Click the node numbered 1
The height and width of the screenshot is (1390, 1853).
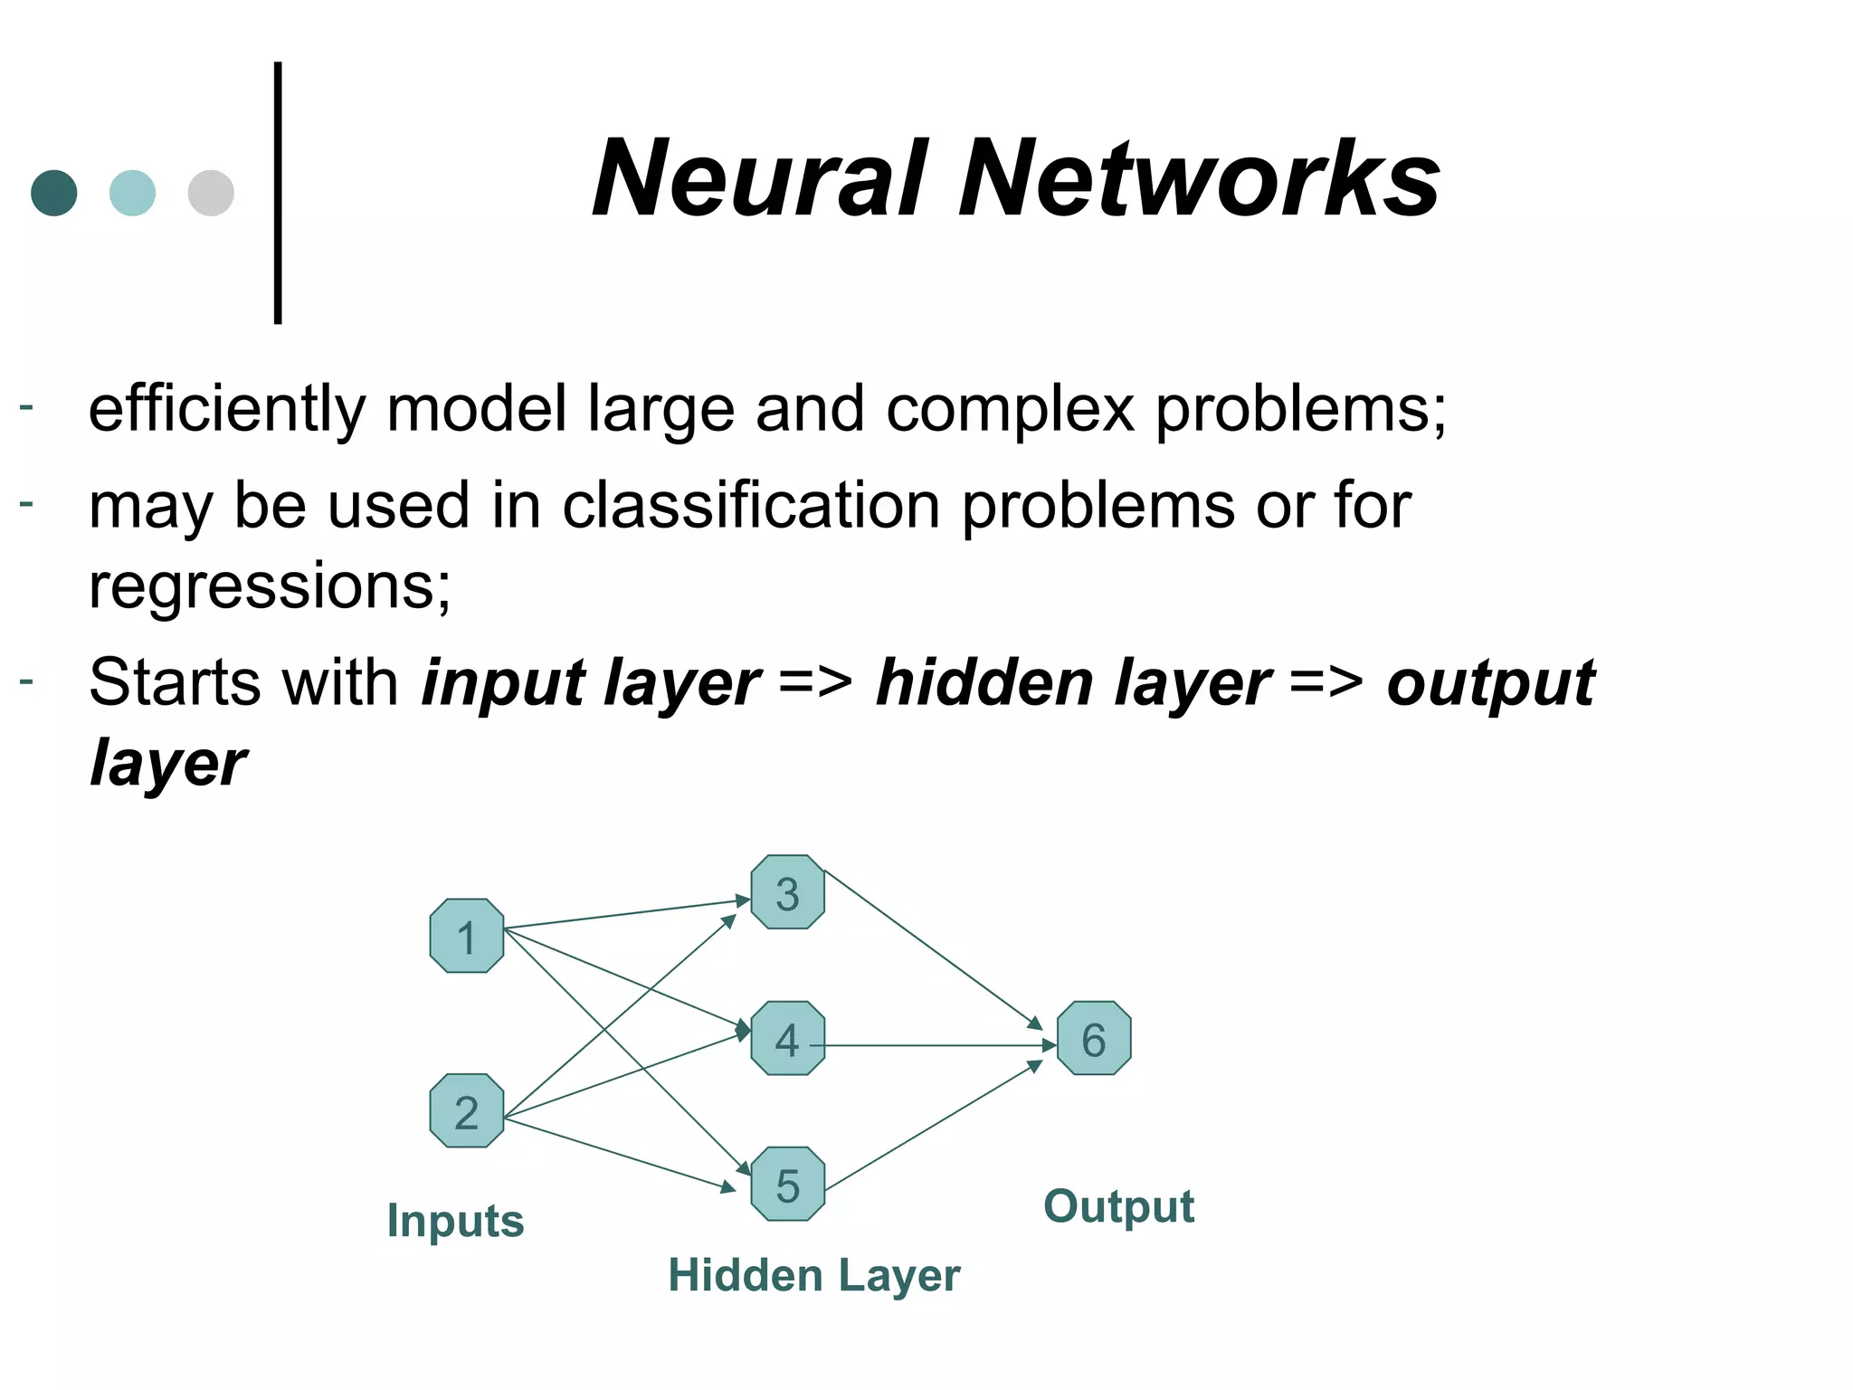coord(466,936)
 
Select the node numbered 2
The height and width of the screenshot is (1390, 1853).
coord(466,1110)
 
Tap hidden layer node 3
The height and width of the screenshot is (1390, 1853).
coord(787,892)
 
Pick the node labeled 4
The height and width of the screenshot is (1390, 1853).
coord(787,1038)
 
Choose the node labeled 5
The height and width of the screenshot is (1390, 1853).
coord(787,1184)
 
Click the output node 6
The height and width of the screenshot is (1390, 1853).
coord(1093,1038)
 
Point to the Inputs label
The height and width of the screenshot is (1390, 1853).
coord(455,1221)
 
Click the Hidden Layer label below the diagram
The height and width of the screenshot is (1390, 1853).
coord(813,1276)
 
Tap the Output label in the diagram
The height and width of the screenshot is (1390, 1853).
coord(1118,1206)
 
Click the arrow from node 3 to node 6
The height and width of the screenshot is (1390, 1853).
coord(932,949)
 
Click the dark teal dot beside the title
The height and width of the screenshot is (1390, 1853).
coord(54,193)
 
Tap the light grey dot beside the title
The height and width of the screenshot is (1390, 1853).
coord(211,193)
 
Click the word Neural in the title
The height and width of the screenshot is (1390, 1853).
coord(760,178)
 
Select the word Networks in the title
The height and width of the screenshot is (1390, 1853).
coord(1199,178)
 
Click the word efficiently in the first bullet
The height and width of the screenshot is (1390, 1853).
coord(226,409)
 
